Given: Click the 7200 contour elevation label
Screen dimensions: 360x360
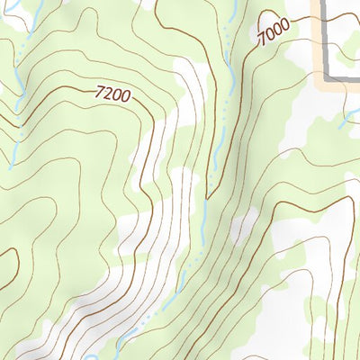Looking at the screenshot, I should (111, 94).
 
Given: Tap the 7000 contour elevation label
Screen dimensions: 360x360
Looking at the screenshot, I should (272, 33).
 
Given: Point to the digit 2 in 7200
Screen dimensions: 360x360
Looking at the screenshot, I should (106, 92).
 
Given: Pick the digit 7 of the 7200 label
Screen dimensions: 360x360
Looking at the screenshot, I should (98, 88).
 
